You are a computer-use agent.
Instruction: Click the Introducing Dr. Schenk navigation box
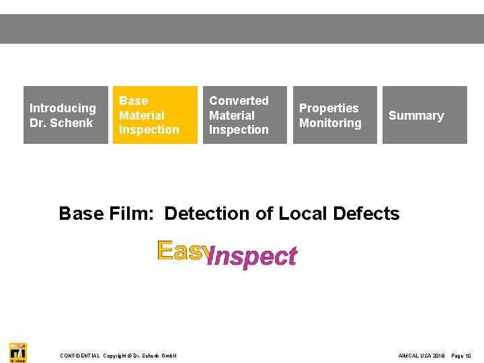point(66,115)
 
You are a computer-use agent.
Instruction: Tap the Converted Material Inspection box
point(245,115)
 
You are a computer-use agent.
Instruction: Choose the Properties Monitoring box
point(335,115)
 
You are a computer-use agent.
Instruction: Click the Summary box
point(424,115)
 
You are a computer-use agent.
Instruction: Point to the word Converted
point(239,101)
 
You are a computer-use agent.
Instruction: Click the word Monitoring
point(330,123)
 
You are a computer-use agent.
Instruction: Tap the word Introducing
point(63,108)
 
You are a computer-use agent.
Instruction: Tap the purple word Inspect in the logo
point(252,256)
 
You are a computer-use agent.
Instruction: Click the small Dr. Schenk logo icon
point(18,352)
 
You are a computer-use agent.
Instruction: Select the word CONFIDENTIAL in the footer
point(80,356)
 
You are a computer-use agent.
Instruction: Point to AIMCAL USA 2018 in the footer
point(421,356)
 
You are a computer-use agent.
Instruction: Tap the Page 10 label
point(461,356)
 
